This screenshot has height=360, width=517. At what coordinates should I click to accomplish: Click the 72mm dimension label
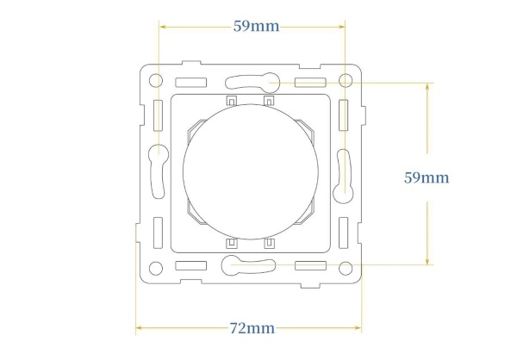pyautogui.click(x=252, y=328)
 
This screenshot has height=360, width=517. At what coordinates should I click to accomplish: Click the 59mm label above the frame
pyautogui.click(x=256, y=26)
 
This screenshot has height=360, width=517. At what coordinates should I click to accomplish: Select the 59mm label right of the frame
pyautogui.click(x=427, y=177)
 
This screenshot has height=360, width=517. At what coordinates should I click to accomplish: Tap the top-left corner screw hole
pyautogui.click(x=156, y=80)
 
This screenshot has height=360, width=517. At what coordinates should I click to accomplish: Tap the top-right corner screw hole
pyautogui.click(x=346, y=80)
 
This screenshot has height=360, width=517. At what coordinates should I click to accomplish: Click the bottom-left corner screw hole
pyautogui.click(x=156, y=268)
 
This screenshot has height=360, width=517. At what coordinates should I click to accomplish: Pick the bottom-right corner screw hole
pyautogui.click(x=346, y=268)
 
